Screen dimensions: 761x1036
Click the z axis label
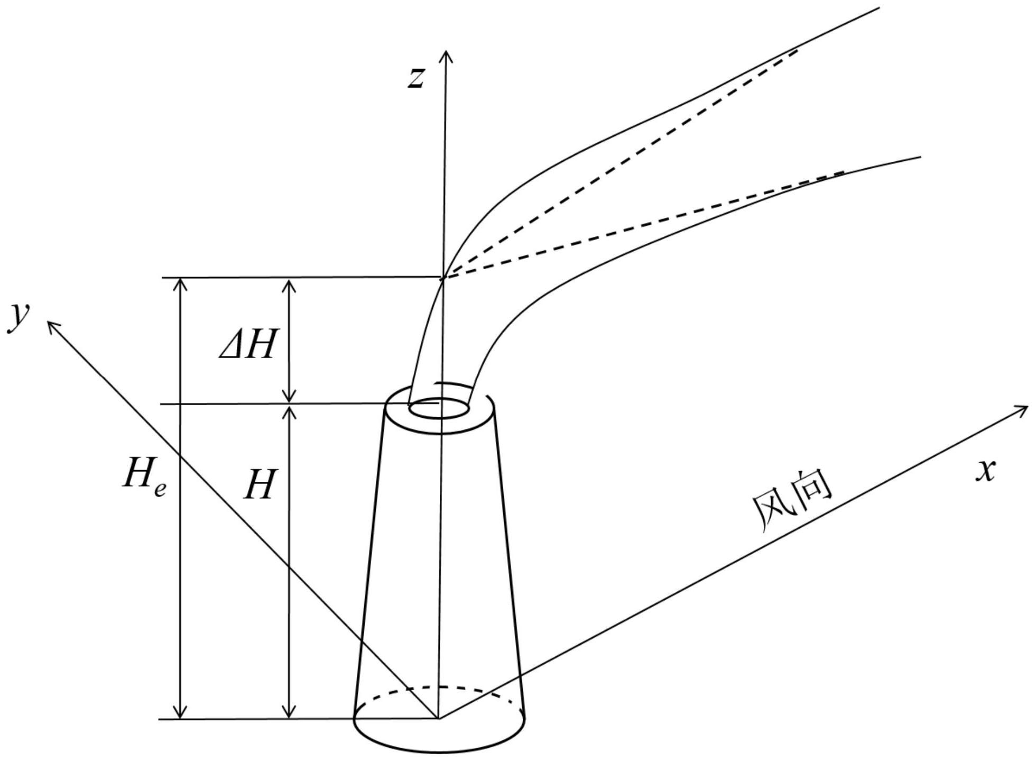coord(416,78)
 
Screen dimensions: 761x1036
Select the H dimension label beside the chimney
coord(260,485)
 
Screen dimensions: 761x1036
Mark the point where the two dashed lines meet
coord(443,278)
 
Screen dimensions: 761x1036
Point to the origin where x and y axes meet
coord(439,718)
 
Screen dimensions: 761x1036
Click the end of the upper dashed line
coord(796,50)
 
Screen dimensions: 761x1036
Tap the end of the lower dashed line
coord(843,172)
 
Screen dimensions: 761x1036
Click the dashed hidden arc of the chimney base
coord(439,688)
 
